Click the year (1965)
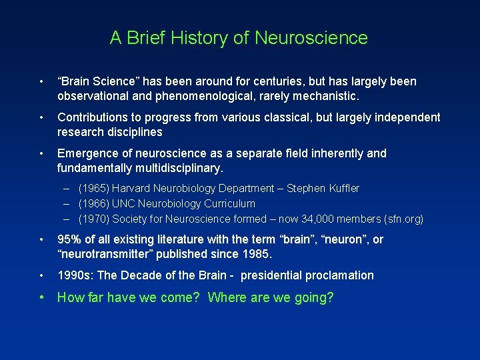coord(94,189)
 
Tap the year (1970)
coord(94,219)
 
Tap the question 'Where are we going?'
coord(271,297)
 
